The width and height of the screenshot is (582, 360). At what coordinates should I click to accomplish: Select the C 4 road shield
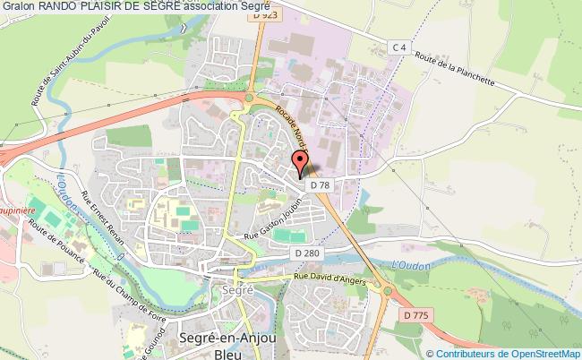[399, 47]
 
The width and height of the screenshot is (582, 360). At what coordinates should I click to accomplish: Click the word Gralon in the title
[18, 6]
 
